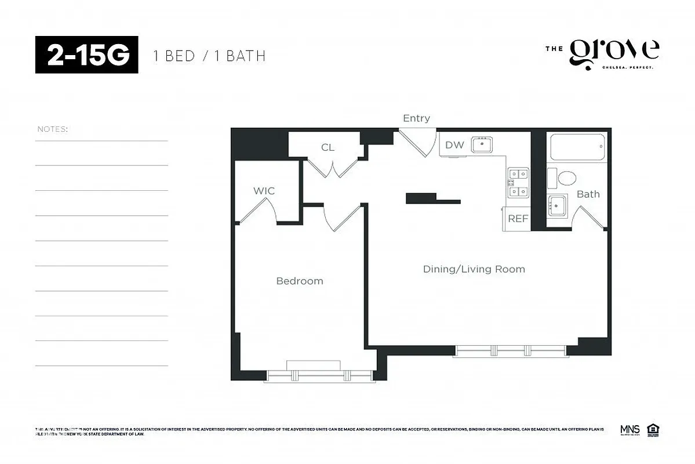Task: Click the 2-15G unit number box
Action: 86,55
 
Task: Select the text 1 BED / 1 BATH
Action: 209,56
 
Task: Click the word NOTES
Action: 52,129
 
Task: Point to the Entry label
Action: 416,118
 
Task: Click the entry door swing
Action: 420,144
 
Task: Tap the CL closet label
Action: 328,147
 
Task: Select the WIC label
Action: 264,191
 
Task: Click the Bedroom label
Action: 299,281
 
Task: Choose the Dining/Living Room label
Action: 474,269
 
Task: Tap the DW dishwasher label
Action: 454,145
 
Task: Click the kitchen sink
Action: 482,144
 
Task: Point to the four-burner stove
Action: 518,182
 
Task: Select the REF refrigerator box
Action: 518,219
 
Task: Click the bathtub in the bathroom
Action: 577,147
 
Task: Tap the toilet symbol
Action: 562,177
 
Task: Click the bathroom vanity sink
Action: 558,205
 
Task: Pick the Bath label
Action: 588,194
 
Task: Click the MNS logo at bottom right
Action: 629,430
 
